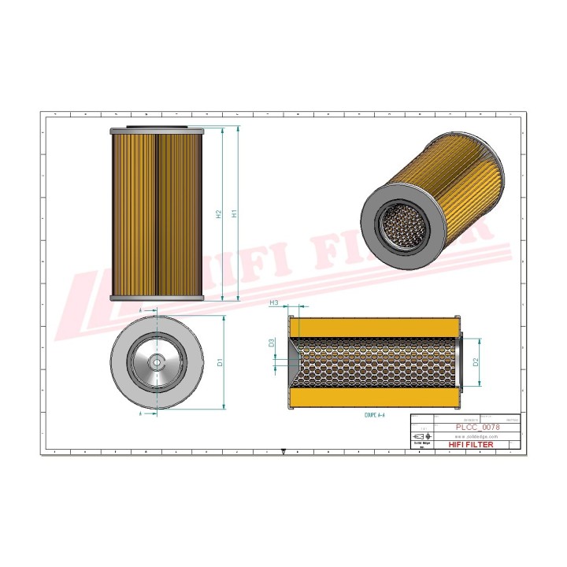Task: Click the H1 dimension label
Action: pyautogui.click(x=234, y=213)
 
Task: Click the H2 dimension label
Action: pyautogui.click(x=218, y=213)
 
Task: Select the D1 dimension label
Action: pyautogui.click(x=221, y=362)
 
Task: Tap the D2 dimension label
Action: pyautogui.click(x=476, y=362)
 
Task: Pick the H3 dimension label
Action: pyautogui.click(x=274, y=302)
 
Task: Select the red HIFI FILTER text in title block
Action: pyautogui.click(x=471, y=445)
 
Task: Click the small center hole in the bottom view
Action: pyautogui.click(x=156, y=361)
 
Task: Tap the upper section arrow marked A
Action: pyautogui.click(x=142, y=312)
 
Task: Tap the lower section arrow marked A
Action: pyautogui.click(x=142, y=412)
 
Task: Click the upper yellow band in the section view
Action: pyautogui.click(x=374, y=325)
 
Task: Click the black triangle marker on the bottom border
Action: pyautogui.click(x=283, y=452)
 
